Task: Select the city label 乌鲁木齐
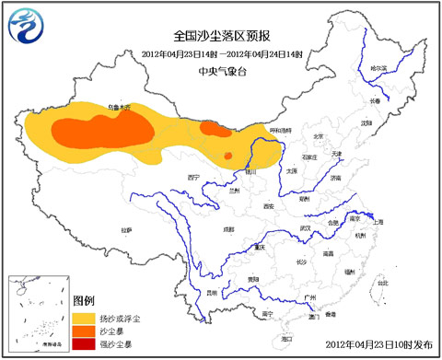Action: click(120, 109)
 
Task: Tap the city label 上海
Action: click(378, 222)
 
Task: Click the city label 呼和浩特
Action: click(281, 132)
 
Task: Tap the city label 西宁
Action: click(193, 176)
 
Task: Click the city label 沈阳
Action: click(366, 121)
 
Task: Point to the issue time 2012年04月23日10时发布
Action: click(378, 344)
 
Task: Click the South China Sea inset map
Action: click(38, 312)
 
